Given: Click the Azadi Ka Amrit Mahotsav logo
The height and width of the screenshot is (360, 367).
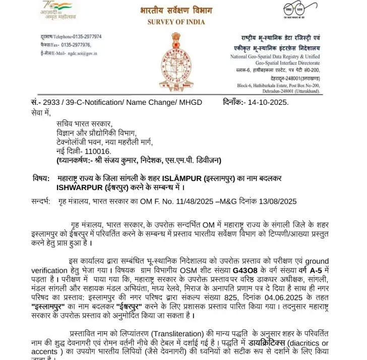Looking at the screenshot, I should (x=56, y=10).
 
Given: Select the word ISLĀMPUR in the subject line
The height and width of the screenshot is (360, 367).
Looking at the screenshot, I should (x=185, y=178).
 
